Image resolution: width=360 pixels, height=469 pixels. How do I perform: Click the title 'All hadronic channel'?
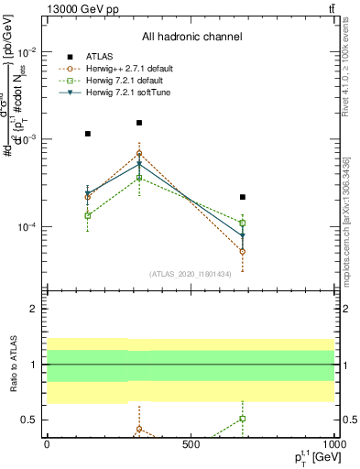[x=191, y=38]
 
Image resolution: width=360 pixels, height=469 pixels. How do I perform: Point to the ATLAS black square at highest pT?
[x=243, y=197]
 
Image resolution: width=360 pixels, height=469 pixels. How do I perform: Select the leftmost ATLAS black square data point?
[x=88, y=134]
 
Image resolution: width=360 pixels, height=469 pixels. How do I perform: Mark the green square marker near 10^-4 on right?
[x=243, y=223]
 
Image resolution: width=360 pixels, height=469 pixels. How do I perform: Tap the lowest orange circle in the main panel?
[x=243, y=251]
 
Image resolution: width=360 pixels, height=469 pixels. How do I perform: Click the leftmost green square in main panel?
[x=88, y=215]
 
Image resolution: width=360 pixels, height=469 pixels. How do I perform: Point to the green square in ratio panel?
[x=243, y=418]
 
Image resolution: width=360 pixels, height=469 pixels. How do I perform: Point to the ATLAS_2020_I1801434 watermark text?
[x=191, y=273]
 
